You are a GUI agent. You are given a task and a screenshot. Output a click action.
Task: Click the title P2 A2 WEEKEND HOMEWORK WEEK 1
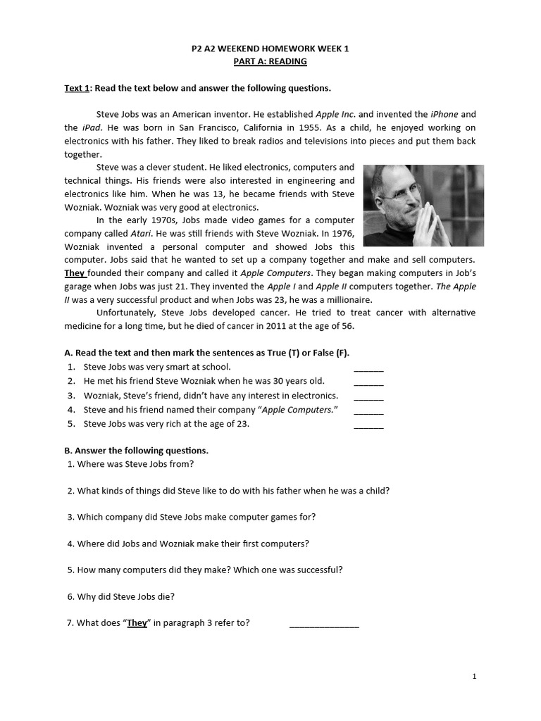pyautogui.click(x=270, y=49)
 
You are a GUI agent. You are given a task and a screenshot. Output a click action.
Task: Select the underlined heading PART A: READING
pyautogui.click(x=270, y=62)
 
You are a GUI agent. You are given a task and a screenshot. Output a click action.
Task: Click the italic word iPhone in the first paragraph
pyautogui.click(x=444, y=114)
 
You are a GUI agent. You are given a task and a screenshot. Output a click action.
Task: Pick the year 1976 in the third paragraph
pyautogui.click(x=341, y=233)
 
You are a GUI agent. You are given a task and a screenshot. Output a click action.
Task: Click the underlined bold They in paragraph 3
pyautogui.click(x=75, y=273)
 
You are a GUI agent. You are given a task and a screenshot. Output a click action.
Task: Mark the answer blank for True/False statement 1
pyautogui.click(x=368, y=370)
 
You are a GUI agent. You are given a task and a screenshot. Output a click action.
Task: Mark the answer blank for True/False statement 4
pyautogui.click(x=368, y=412)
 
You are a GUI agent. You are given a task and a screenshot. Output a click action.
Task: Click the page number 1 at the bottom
pyautogui.click(x=475, y=677)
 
